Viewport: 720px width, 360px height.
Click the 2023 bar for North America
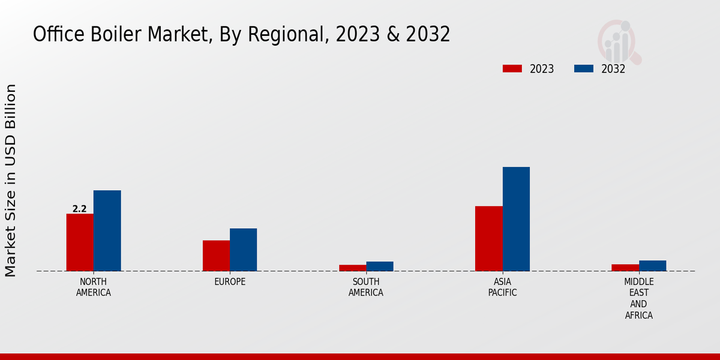[x=80, y=242]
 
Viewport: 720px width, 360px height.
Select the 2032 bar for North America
[x=107, y=230]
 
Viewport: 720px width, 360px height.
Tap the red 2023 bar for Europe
[x=216, y=256]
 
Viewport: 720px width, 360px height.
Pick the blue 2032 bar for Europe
[x=244, y=250]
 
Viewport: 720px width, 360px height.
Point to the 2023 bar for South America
[x=352, y=268]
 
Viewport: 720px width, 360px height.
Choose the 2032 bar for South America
[x=380, y=266]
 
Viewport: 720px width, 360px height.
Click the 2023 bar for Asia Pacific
[x=489, y=238]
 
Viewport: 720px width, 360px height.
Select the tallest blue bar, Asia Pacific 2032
[x=516, y=219]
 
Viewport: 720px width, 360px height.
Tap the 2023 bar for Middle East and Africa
[x=625, y=268]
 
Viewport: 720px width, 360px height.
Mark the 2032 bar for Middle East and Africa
[x=653, y=266]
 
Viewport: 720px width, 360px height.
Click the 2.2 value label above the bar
[x=79, y=209]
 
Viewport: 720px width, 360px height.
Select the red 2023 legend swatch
[x=512, y=68]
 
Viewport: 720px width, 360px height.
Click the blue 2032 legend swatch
[x=584, y=68]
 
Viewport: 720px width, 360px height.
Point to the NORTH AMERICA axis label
[x=94, y=287]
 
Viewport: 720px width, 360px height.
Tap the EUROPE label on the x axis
[x=230, y=282]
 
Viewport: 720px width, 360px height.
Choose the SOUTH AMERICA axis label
[x=366, y=287]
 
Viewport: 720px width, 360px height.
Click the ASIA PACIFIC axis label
[x=502, y=287]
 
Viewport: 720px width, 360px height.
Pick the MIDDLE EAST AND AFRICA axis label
[x=639, y=298]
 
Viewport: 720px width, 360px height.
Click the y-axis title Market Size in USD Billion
[x=11, y=180]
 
